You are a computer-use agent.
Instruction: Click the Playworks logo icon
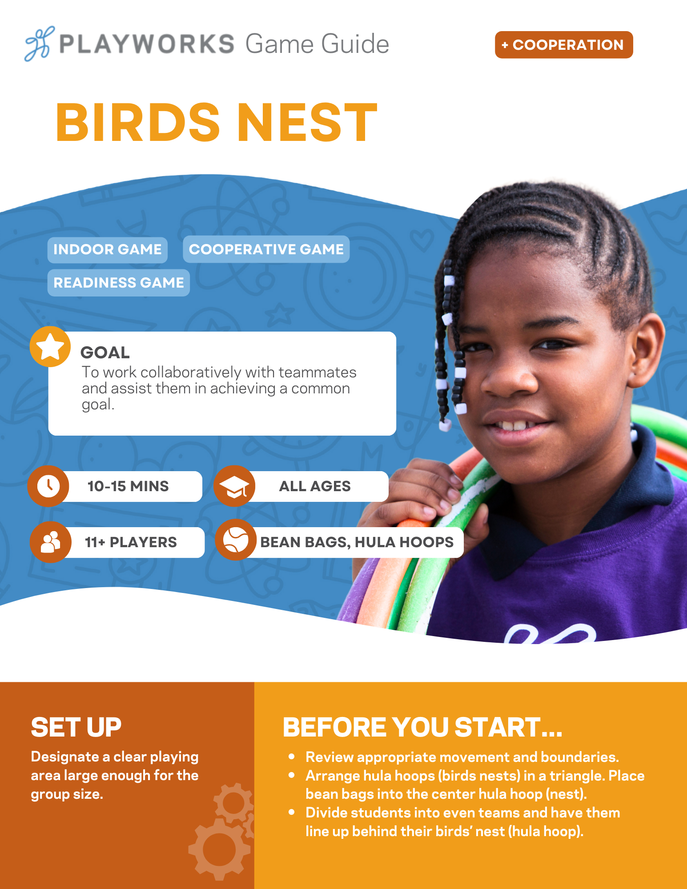tap(40, 44)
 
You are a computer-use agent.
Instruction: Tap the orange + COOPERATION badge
tap(564, 44)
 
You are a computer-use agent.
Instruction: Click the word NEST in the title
tap(307, 122)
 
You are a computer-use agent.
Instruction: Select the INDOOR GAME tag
tap(108, 249)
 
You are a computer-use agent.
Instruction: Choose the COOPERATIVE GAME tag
tap(266, 249)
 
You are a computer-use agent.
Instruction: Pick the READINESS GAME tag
tap(119, 282)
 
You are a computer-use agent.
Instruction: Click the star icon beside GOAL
tap(50, 347)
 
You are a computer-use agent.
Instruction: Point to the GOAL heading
tap(105, 352)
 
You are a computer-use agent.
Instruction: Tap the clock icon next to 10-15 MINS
tap(48, 486)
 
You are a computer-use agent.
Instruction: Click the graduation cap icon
tap(234, 486)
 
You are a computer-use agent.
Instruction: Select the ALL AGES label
tap(315, 486)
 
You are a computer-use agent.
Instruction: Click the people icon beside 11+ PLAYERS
tap(51, 542)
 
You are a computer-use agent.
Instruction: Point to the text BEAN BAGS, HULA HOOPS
tap(357, 542)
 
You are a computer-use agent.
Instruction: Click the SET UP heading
tap(76, 728)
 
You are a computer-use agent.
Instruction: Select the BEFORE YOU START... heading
tap(423, 728)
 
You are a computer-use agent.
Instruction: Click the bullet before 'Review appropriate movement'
tap(292, 756)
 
